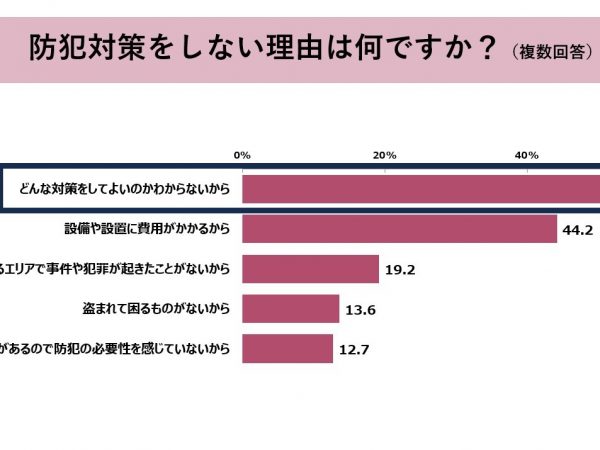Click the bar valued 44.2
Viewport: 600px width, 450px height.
click(399, 229)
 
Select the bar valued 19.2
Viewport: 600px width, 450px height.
click(310, 269)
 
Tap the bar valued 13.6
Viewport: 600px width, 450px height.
click(290, 309)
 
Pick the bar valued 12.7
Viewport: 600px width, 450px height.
click(287, 348)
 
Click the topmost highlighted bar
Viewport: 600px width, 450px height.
click(420, 188)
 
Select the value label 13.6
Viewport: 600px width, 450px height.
click(361, 310)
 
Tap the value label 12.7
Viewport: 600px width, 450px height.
click(354, 349)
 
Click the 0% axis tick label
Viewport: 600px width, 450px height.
click(242, 155)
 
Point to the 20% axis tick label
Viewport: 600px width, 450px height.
click(385, 155)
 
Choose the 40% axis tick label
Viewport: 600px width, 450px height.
click(527, 155)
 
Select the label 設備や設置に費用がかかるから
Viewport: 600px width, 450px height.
click(147, 229)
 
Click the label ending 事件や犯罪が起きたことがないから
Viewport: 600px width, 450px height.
click(120, 269)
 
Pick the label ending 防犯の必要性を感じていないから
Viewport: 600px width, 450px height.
click(120, 348)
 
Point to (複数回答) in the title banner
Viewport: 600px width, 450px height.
click(549, 50)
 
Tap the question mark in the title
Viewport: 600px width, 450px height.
click(486, 47)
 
